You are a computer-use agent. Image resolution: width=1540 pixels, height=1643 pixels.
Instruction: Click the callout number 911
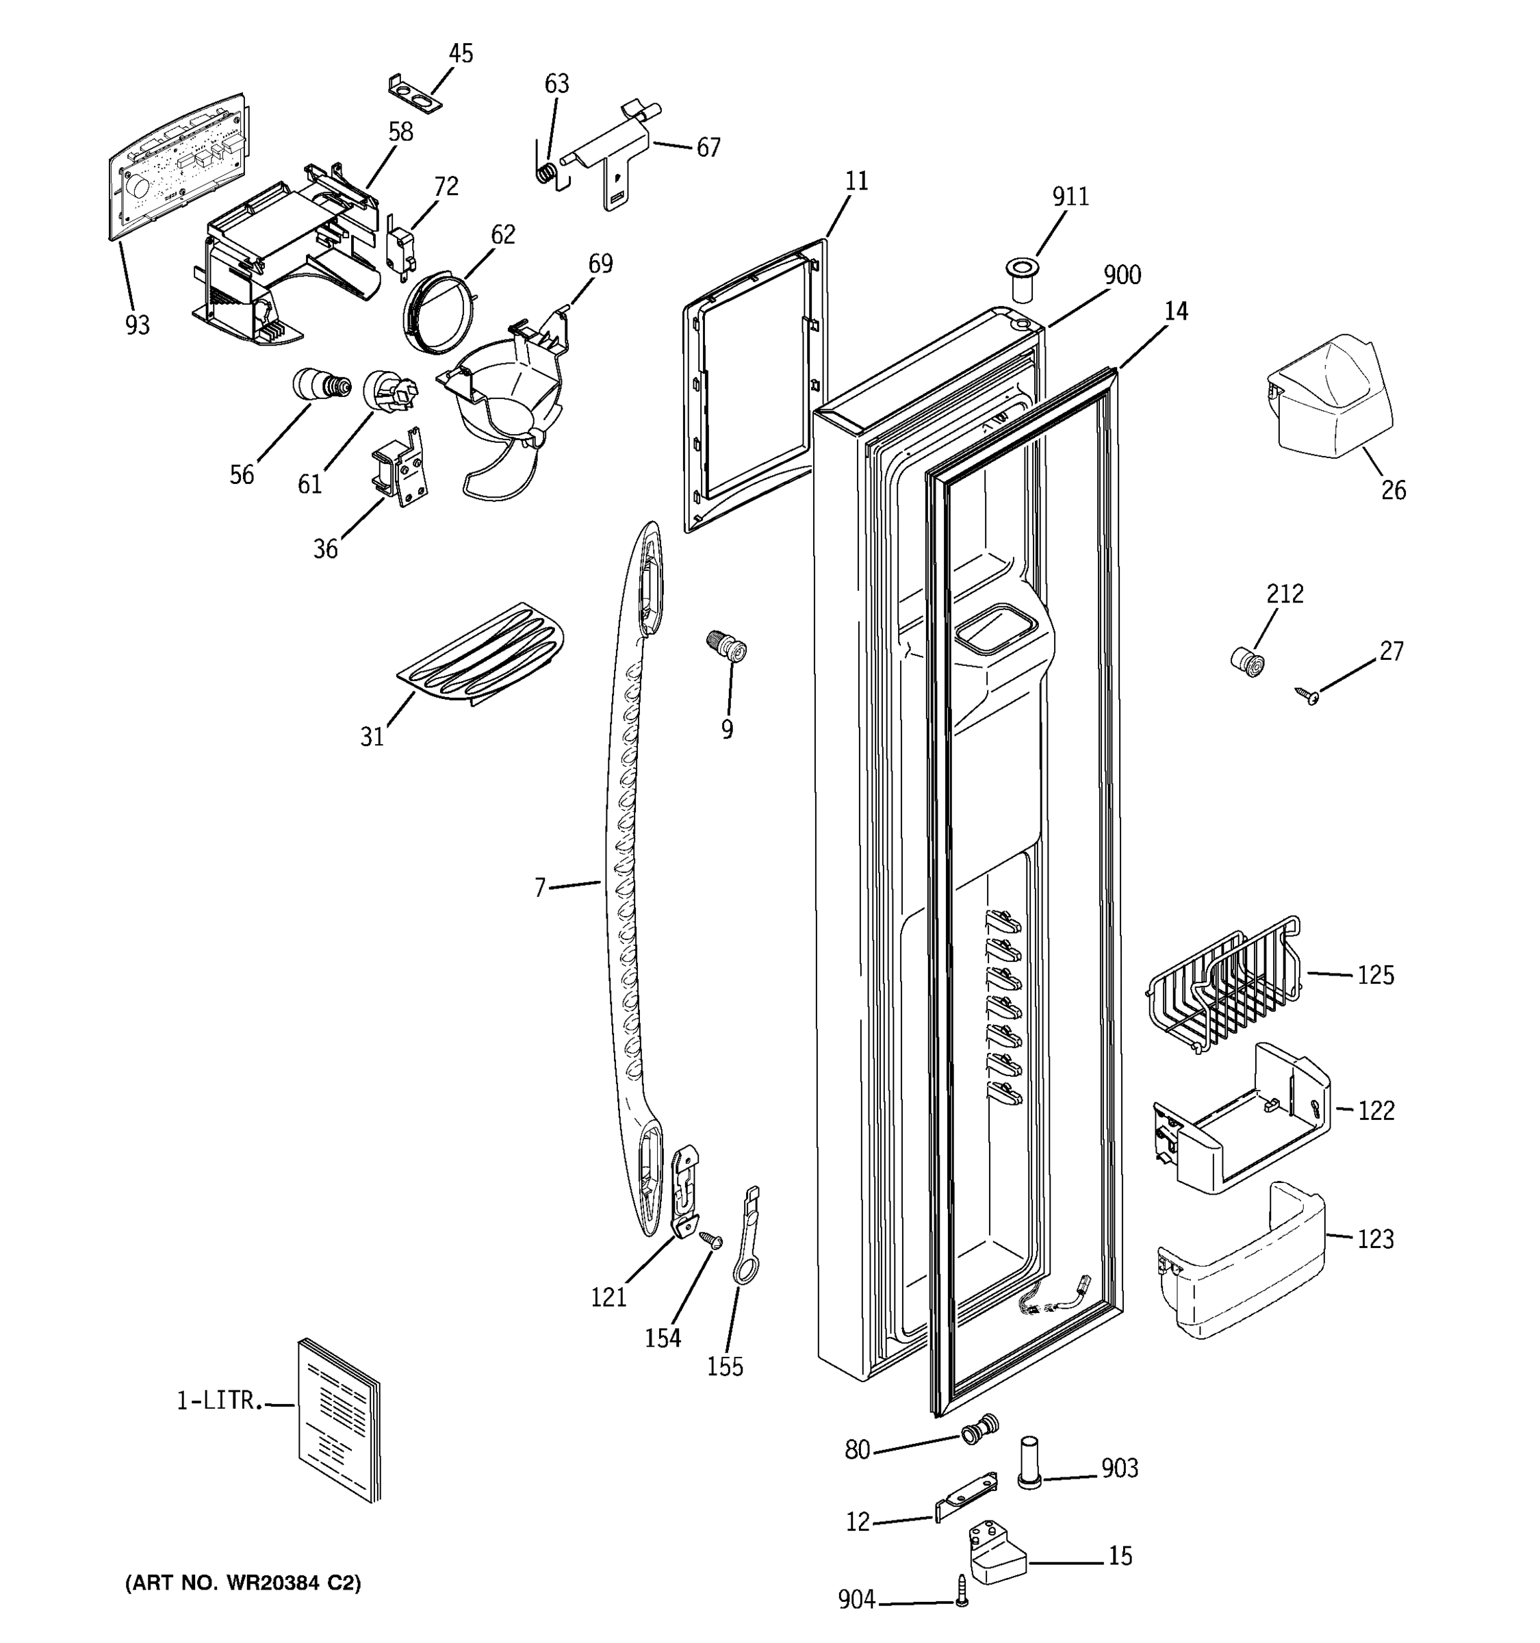[1070, 196]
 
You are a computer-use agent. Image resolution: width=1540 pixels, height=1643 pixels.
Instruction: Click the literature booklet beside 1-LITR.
[339, 1419]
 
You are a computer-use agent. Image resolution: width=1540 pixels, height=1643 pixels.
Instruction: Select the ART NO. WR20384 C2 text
[243, 1583]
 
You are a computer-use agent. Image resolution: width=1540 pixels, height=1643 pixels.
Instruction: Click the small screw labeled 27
[1307, 696]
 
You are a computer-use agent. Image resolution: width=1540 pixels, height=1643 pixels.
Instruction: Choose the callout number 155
[725, 1366]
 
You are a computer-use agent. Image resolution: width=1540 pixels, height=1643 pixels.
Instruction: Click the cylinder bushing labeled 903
[1029, 1461]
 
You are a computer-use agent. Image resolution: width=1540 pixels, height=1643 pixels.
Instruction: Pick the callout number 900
[1122, 275]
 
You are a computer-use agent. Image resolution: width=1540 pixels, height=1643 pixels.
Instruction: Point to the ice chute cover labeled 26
[1330, 392]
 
